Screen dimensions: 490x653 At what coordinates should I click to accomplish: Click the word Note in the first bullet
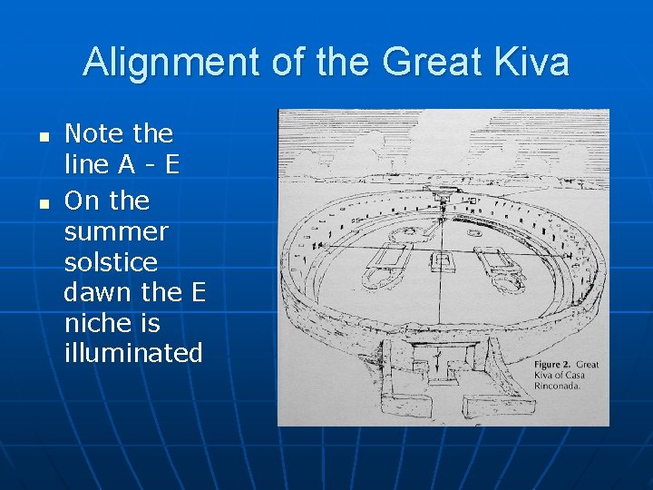(94, 134)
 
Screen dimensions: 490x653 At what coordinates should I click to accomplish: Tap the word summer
(116, 232)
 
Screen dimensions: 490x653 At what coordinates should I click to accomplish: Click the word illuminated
(133, 354)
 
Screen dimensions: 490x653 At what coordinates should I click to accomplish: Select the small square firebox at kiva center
(442, 262)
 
